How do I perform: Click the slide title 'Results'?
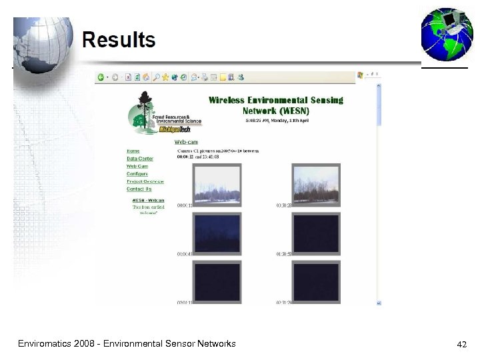click(119, 40)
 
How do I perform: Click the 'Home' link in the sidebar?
click(133, 151)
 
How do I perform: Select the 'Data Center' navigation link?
click(140, 159)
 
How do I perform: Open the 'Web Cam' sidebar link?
click(137, 166)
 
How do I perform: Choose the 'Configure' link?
click(137, 174)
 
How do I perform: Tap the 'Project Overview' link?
click(145, 181)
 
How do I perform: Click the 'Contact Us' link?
click(139, 189)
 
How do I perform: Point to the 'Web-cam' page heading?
click(186, 141)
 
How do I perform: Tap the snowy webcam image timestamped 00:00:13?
click(216, 183)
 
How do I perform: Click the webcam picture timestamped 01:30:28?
click(316, 183)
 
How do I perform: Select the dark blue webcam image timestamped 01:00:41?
click(216, 233)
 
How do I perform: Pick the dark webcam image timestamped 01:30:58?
click(316, 233)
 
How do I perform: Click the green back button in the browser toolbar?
click(101, 77)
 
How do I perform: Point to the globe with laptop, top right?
click(446, 35)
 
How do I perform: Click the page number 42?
click(461, 345)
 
